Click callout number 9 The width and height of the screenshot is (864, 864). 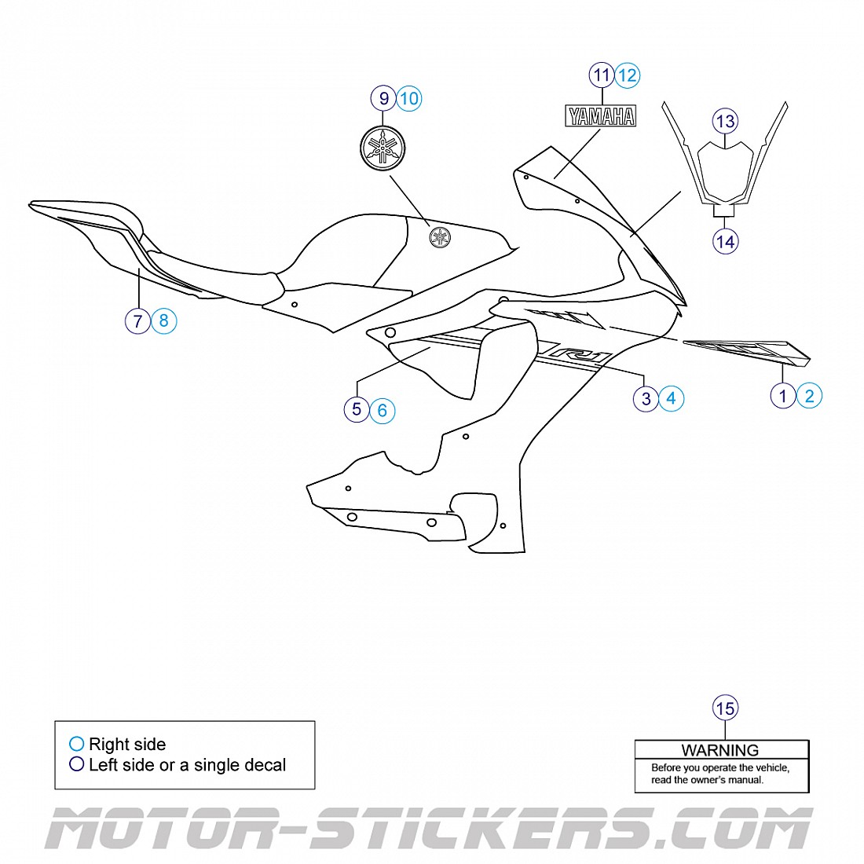[x=383, y=98]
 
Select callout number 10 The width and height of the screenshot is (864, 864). [x=409, y=98]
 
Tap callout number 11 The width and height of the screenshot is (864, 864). [x=602, y=75]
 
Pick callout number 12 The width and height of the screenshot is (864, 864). [x=628, y=75]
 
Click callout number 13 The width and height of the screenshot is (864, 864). [x=725, y=121]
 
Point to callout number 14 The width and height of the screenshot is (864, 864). [x=725, y=241]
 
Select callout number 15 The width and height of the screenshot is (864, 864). [x=725, y=708]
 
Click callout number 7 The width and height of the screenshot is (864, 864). [x=137, y=320]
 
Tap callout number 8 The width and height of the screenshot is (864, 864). [x=163, y=320]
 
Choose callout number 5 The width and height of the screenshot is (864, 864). [x=357, y=409]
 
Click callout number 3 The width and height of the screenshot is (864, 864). [x=646, y=398]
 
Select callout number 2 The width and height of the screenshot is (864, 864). [x=809, y=395]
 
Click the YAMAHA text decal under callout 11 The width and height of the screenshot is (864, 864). [x=602, y=117]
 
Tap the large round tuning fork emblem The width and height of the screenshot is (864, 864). [x=383, y=147]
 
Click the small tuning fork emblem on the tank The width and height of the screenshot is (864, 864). [x=440, y=236]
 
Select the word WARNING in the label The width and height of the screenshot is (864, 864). [x=720, y=750]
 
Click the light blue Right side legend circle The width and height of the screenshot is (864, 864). [x=77, y=744]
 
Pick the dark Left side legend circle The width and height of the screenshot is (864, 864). [x=77, y=764]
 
